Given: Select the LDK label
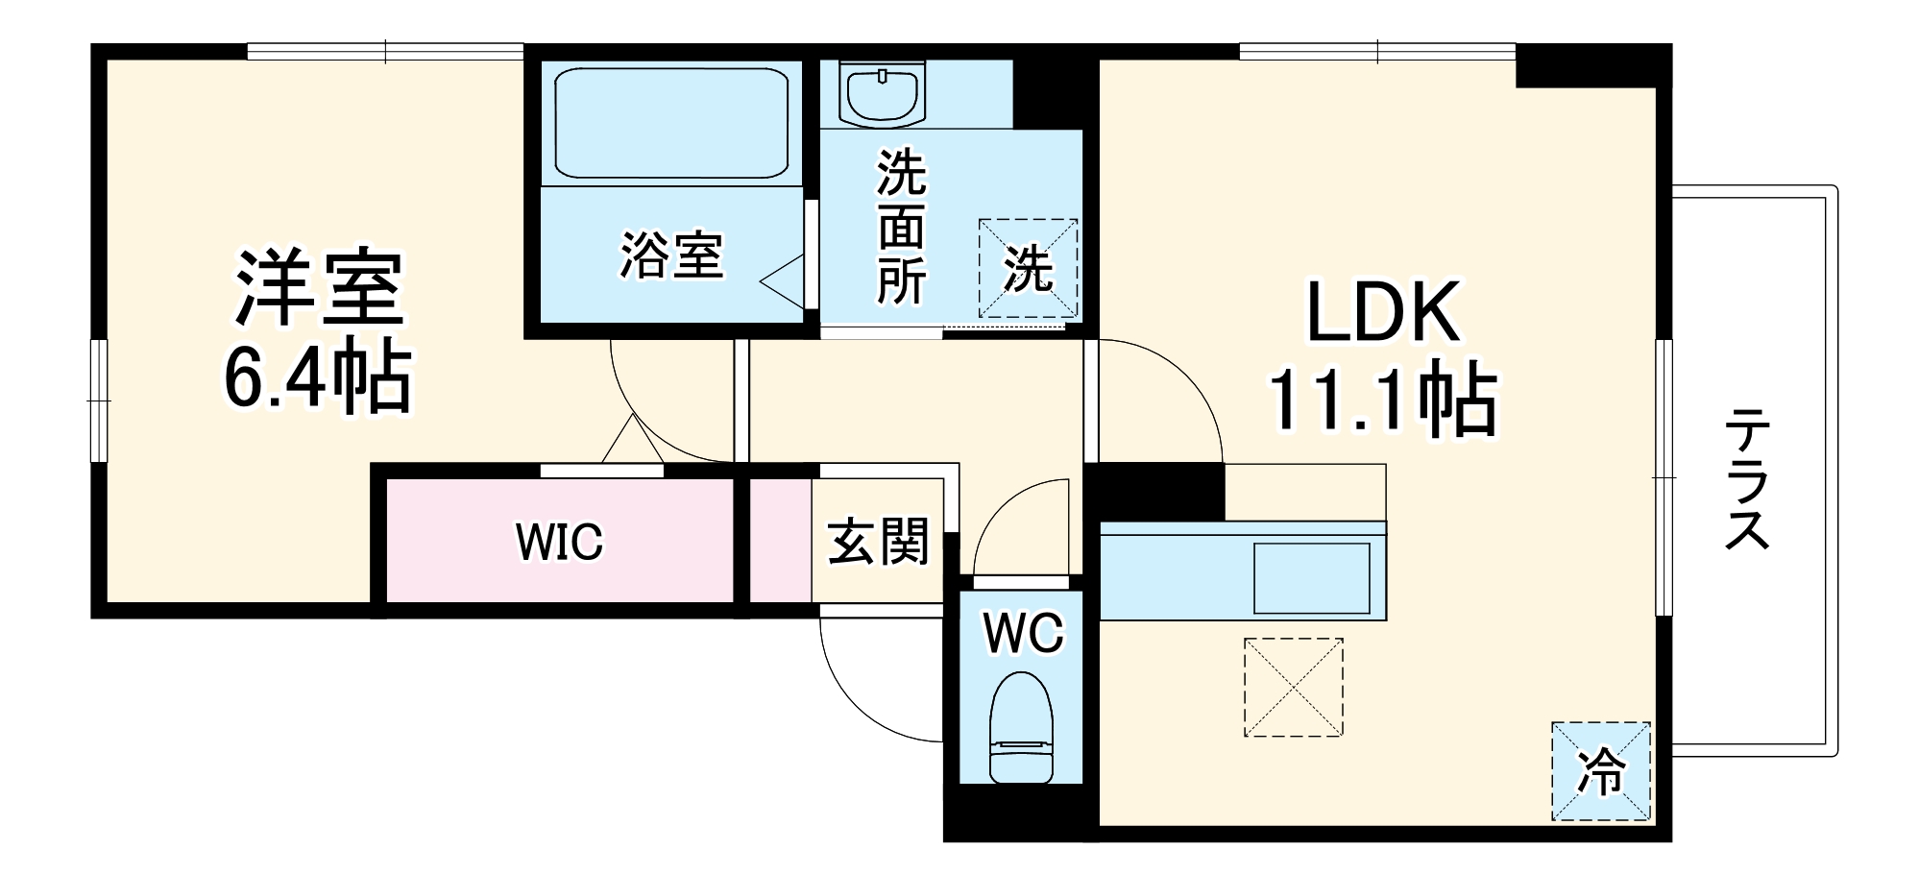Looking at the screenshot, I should coord(1384,311).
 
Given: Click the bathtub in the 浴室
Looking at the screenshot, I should coord(671,122).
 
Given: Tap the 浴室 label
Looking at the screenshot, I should coord(670,255).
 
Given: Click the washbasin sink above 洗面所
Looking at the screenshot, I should coord(881,93).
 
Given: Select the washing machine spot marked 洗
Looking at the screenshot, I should coord(1028,268).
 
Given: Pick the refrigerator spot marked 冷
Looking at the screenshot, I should coord(1601,771).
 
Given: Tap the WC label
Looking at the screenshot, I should coord(1022,633).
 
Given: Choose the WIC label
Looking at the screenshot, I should coord(559,542).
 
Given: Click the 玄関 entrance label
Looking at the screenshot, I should coord(878,542).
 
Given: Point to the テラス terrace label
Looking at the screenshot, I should coord(1746,478).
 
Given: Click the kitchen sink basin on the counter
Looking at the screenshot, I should coord(1311,577).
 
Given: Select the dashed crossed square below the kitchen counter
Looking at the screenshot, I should coord(1293,688).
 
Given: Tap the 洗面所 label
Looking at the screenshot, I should coord(901,228).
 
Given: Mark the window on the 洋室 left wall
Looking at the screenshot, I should coord(99,400).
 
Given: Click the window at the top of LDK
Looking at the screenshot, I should coord(1376,51).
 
